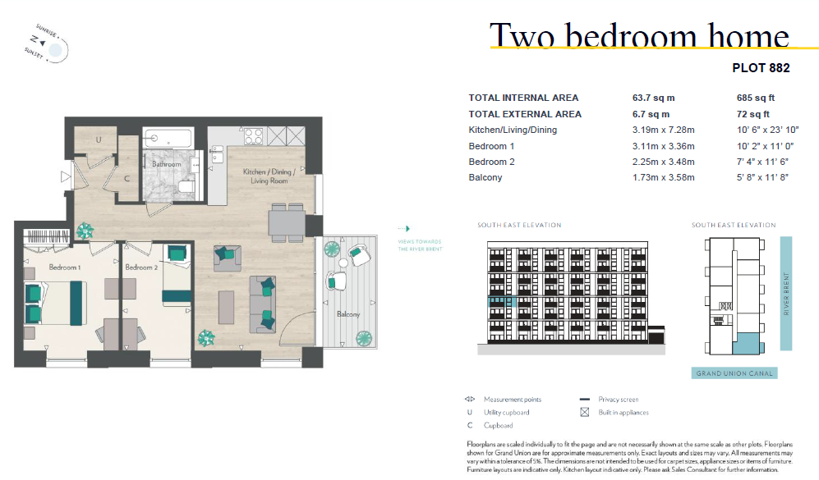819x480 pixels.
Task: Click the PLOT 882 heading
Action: coord(761,68)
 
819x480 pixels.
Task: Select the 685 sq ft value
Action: coord(755,98)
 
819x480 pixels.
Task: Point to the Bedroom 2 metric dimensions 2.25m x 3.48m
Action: coord(664,162)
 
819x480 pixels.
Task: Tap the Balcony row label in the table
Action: coord(485,177)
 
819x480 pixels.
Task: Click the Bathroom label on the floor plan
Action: coord(167,164)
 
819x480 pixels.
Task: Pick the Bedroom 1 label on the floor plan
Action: coord(65,267)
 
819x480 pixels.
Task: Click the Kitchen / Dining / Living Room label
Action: coord(269,176)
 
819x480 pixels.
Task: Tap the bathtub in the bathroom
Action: coord(168,139)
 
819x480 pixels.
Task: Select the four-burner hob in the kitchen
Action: coord(254,137)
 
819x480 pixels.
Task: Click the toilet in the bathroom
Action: coord(186,186)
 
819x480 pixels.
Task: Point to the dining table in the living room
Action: coord(287,223)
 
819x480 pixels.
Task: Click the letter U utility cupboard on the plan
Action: coord(99,139)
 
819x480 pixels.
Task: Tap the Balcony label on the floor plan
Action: coord(348,314)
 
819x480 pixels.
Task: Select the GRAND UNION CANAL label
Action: coord(734,373)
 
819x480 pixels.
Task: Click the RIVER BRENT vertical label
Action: coord(786,294)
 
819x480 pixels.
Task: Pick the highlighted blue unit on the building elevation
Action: coord(502,301)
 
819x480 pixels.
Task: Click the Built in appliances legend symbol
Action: coord(585,412)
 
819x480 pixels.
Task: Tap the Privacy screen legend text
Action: coord(619,399)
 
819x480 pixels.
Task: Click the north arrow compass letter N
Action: coord(35,39)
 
